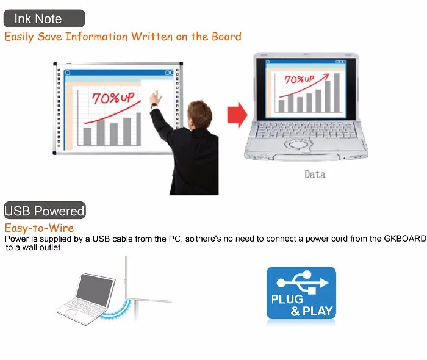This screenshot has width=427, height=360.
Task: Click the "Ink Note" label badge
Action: point(45,18)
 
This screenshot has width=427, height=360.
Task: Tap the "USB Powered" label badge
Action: point(45,211)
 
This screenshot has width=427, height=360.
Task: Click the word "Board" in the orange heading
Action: point(226,37)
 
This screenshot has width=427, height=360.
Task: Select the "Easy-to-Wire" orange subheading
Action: point(39,228)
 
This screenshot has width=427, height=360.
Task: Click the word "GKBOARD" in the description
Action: point(405,239)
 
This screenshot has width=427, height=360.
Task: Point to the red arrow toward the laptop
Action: point(237,115)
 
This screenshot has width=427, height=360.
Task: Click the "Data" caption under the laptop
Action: point(315,175)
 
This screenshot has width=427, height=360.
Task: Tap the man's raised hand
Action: point(156,98)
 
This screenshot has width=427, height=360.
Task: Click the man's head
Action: point(199,114)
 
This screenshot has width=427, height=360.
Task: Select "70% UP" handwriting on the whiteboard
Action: point(113,98)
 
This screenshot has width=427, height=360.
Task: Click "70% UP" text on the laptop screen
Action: point(300,79)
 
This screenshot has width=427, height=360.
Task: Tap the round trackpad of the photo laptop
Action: point(298,145)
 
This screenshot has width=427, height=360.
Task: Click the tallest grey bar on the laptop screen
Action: point(337,93)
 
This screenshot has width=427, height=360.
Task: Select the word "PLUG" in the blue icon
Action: point(287,299)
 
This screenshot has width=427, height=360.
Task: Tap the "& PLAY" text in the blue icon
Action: point(312,311)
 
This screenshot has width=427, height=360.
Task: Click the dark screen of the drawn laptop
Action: point(95,290)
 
